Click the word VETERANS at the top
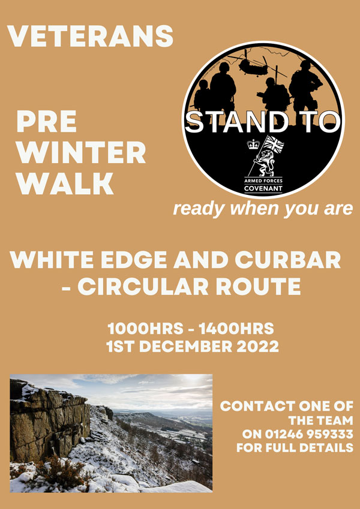(x=90, y=36)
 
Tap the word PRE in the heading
(x=46, y=121)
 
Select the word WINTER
(x=81, y=152)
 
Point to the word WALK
(x=65, y=183)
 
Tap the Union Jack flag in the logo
(x=273, y=143)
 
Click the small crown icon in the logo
(x=252, y=144)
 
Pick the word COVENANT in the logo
(x=263, y=188)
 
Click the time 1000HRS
(x=146, y=329)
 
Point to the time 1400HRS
(x=236, y=329)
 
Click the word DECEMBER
(x=188, y=346)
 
